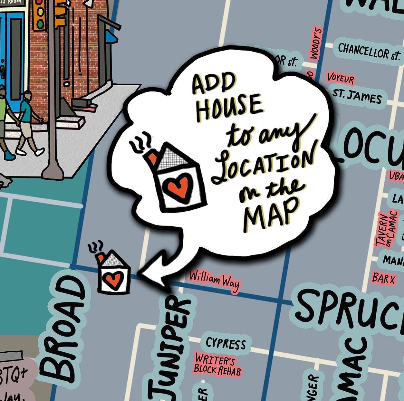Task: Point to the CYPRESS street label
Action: tap(226, 344)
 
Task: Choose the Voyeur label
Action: tap(341, 78)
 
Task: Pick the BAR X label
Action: tap(383, 278)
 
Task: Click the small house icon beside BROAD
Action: tap(113, 273)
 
